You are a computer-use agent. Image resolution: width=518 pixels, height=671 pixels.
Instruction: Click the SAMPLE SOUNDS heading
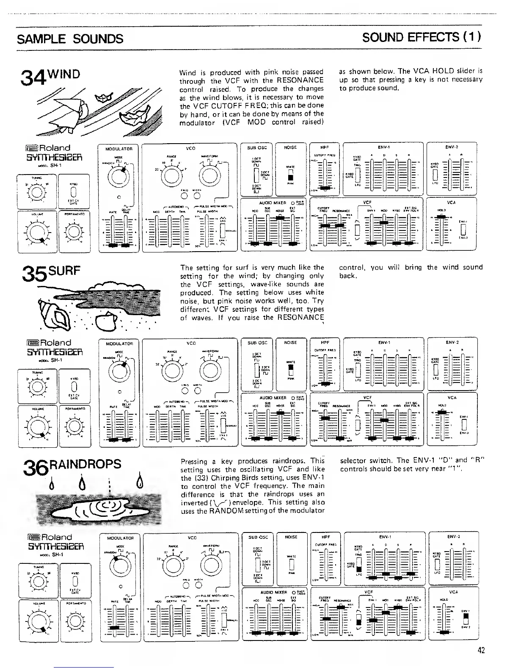point(70,39)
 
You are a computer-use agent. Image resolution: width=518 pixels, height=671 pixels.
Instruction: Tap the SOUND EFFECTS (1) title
point(422,37)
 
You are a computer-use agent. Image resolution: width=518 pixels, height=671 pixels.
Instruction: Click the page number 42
point(480,650)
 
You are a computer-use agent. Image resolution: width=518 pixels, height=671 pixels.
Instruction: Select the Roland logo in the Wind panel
point(49,148)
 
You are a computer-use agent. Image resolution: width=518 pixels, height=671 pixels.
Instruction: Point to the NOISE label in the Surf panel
point(290,342)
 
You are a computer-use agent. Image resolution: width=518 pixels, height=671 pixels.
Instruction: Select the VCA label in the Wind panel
point(451,202)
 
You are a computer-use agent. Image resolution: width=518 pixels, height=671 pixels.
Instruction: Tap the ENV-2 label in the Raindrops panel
point(453,537)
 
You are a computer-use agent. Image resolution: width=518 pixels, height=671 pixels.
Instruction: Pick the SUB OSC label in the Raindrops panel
point(258,537)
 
